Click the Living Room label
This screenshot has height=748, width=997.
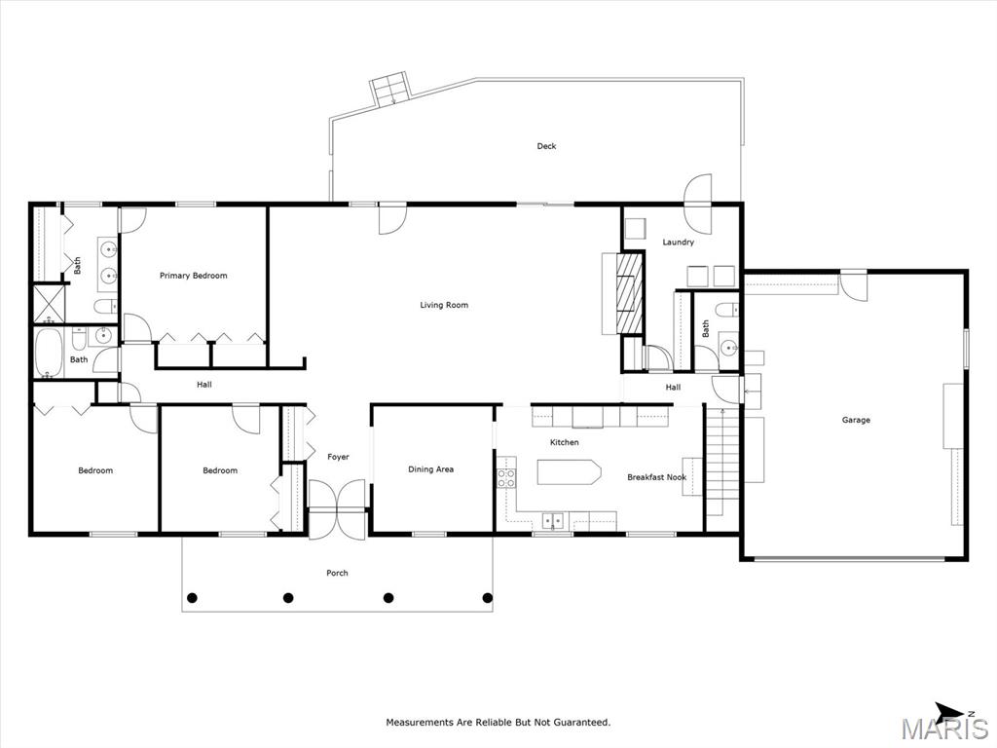(x=444, y=305)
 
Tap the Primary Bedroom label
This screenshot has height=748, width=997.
(x=193, y=276)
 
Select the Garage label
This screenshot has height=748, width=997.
(x=856, y=420)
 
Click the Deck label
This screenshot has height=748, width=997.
(x=546, y=146)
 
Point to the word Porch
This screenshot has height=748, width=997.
(x=337, y=573)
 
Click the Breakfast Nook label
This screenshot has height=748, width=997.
(x=656, y=477)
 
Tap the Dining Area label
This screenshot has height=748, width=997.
(x=430, y=469)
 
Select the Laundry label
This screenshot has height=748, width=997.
(x=678, y=243)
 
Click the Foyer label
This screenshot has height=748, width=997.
(x=338, y=457)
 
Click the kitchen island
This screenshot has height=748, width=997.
(x=569, y=472)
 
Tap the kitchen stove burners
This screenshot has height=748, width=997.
(x=506, y=477)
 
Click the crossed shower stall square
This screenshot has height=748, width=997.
(x=46, y=303)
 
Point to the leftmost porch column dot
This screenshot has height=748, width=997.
(x=192, y=597)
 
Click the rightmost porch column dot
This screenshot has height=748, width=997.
(x=488, y=597)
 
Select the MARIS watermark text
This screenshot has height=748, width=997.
(x=943, y=729)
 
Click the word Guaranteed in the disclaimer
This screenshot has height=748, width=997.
(x=576, y=723)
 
